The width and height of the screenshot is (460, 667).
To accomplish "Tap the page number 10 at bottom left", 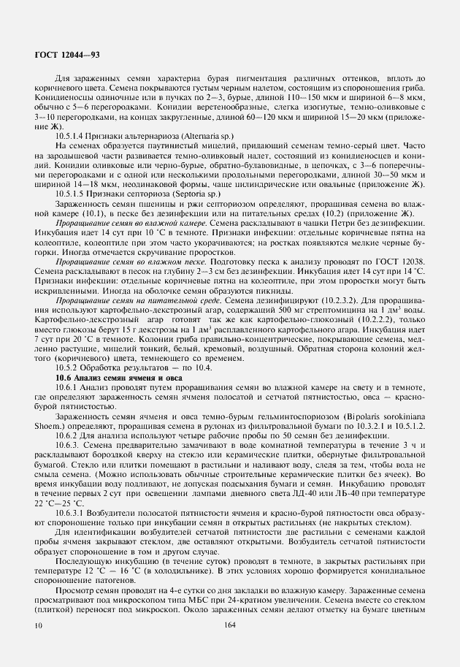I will [x=38, y=625].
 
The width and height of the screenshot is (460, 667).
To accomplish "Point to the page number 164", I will [x=230, y=625].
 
